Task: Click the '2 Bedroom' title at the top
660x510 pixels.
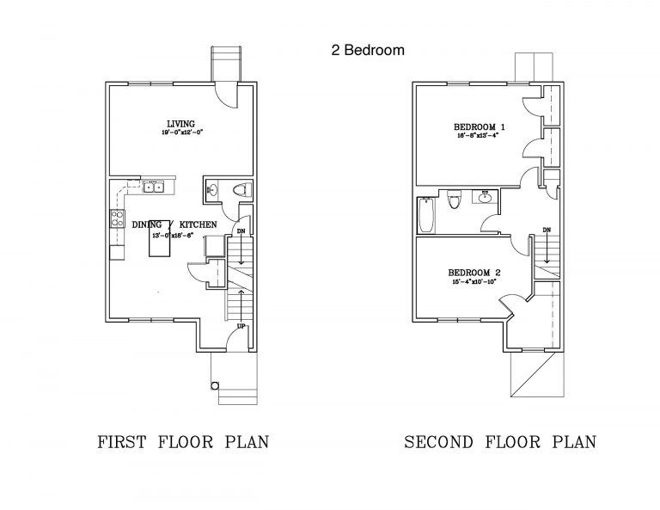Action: click(367, 50)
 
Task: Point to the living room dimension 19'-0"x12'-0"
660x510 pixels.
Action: click(180, 132)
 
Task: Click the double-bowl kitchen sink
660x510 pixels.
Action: click(154, 185)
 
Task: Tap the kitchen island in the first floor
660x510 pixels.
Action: click(161, 245)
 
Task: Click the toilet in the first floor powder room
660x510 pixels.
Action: click(241, 190)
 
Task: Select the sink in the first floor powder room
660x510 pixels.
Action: click(212, 190)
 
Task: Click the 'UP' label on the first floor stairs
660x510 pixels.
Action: click(241, 327)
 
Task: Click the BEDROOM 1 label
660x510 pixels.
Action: click(479, 127)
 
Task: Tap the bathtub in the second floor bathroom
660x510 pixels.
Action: click(426, 215)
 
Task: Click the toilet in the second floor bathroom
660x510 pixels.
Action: click(455, 200)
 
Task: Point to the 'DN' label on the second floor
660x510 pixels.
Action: click(547, 230)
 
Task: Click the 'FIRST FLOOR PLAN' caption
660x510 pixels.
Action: click(183, 442)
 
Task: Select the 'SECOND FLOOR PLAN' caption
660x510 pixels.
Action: click(500, 442)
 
